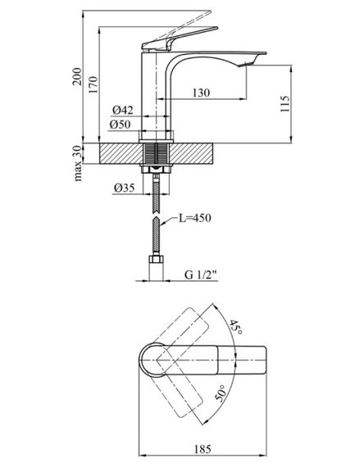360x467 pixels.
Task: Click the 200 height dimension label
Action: (77, 76)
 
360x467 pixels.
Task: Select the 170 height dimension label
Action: (93, 85)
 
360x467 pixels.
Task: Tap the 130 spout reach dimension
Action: (201, 93)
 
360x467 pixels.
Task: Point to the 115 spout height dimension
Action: (285, 104)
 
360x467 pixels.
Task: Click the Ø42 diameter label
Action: (122, 111)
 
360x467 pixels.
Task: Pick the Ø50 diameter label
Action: (120, 125)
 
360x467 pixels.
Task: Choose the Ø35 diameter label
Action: (124, 188)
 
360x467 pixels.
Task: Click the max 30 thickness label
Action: (77, 163)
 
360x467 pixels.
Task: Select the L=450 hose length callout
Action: (195, 218)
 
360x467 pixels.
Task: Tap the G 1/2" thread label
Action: (201, 274)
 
